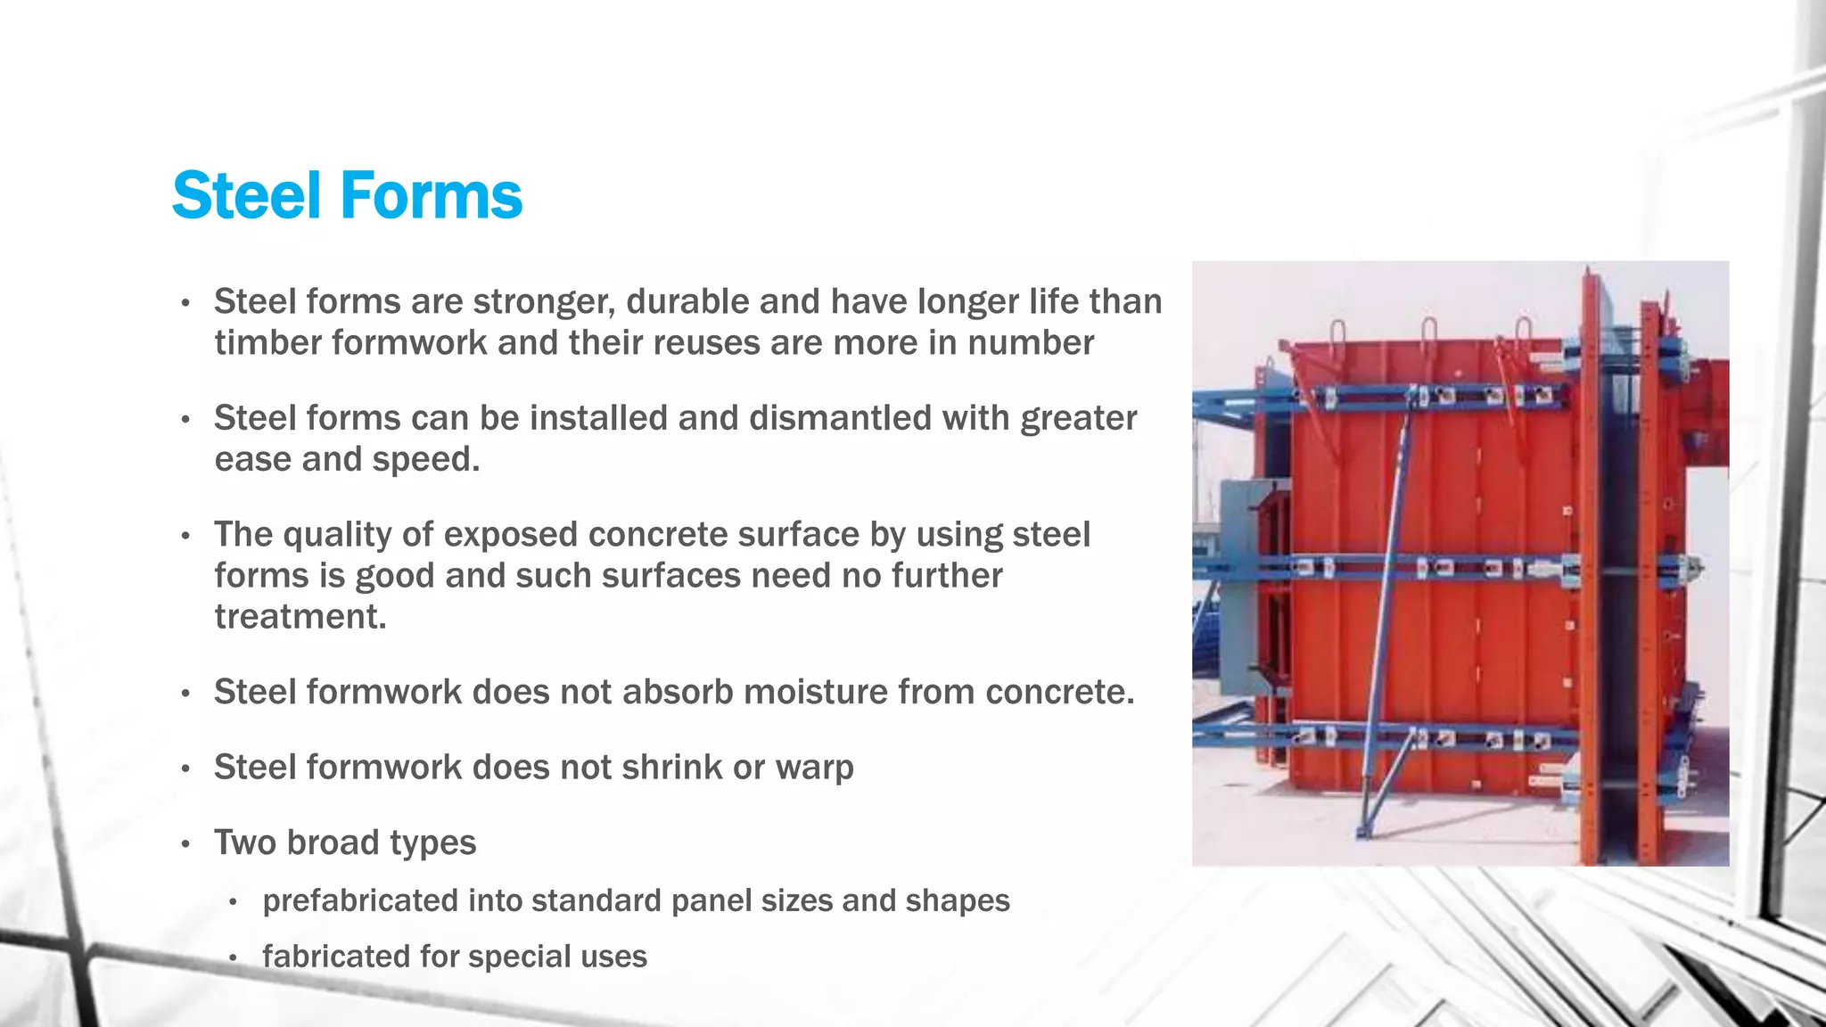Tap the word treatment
click(300, 617)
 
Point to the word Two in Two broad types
click(245, 843)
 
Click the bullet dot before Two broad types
click(185, 844)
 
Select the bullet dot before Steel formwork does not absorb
click(185, 694)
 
